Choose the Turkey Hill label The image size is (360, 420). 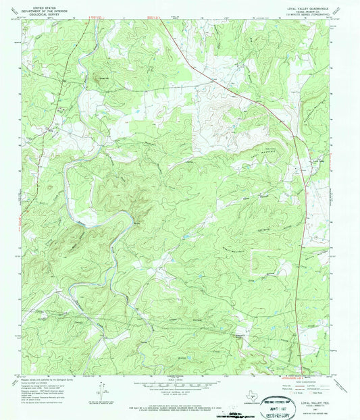(103, 74)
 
